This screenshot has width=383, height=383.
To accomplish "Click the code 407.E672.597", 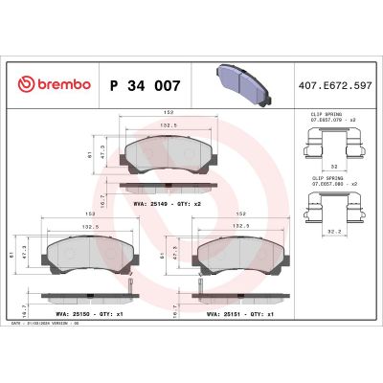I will click(335, 85).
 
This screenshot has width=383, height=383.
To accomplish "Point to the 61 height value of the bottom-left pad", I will click(12, 252).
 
